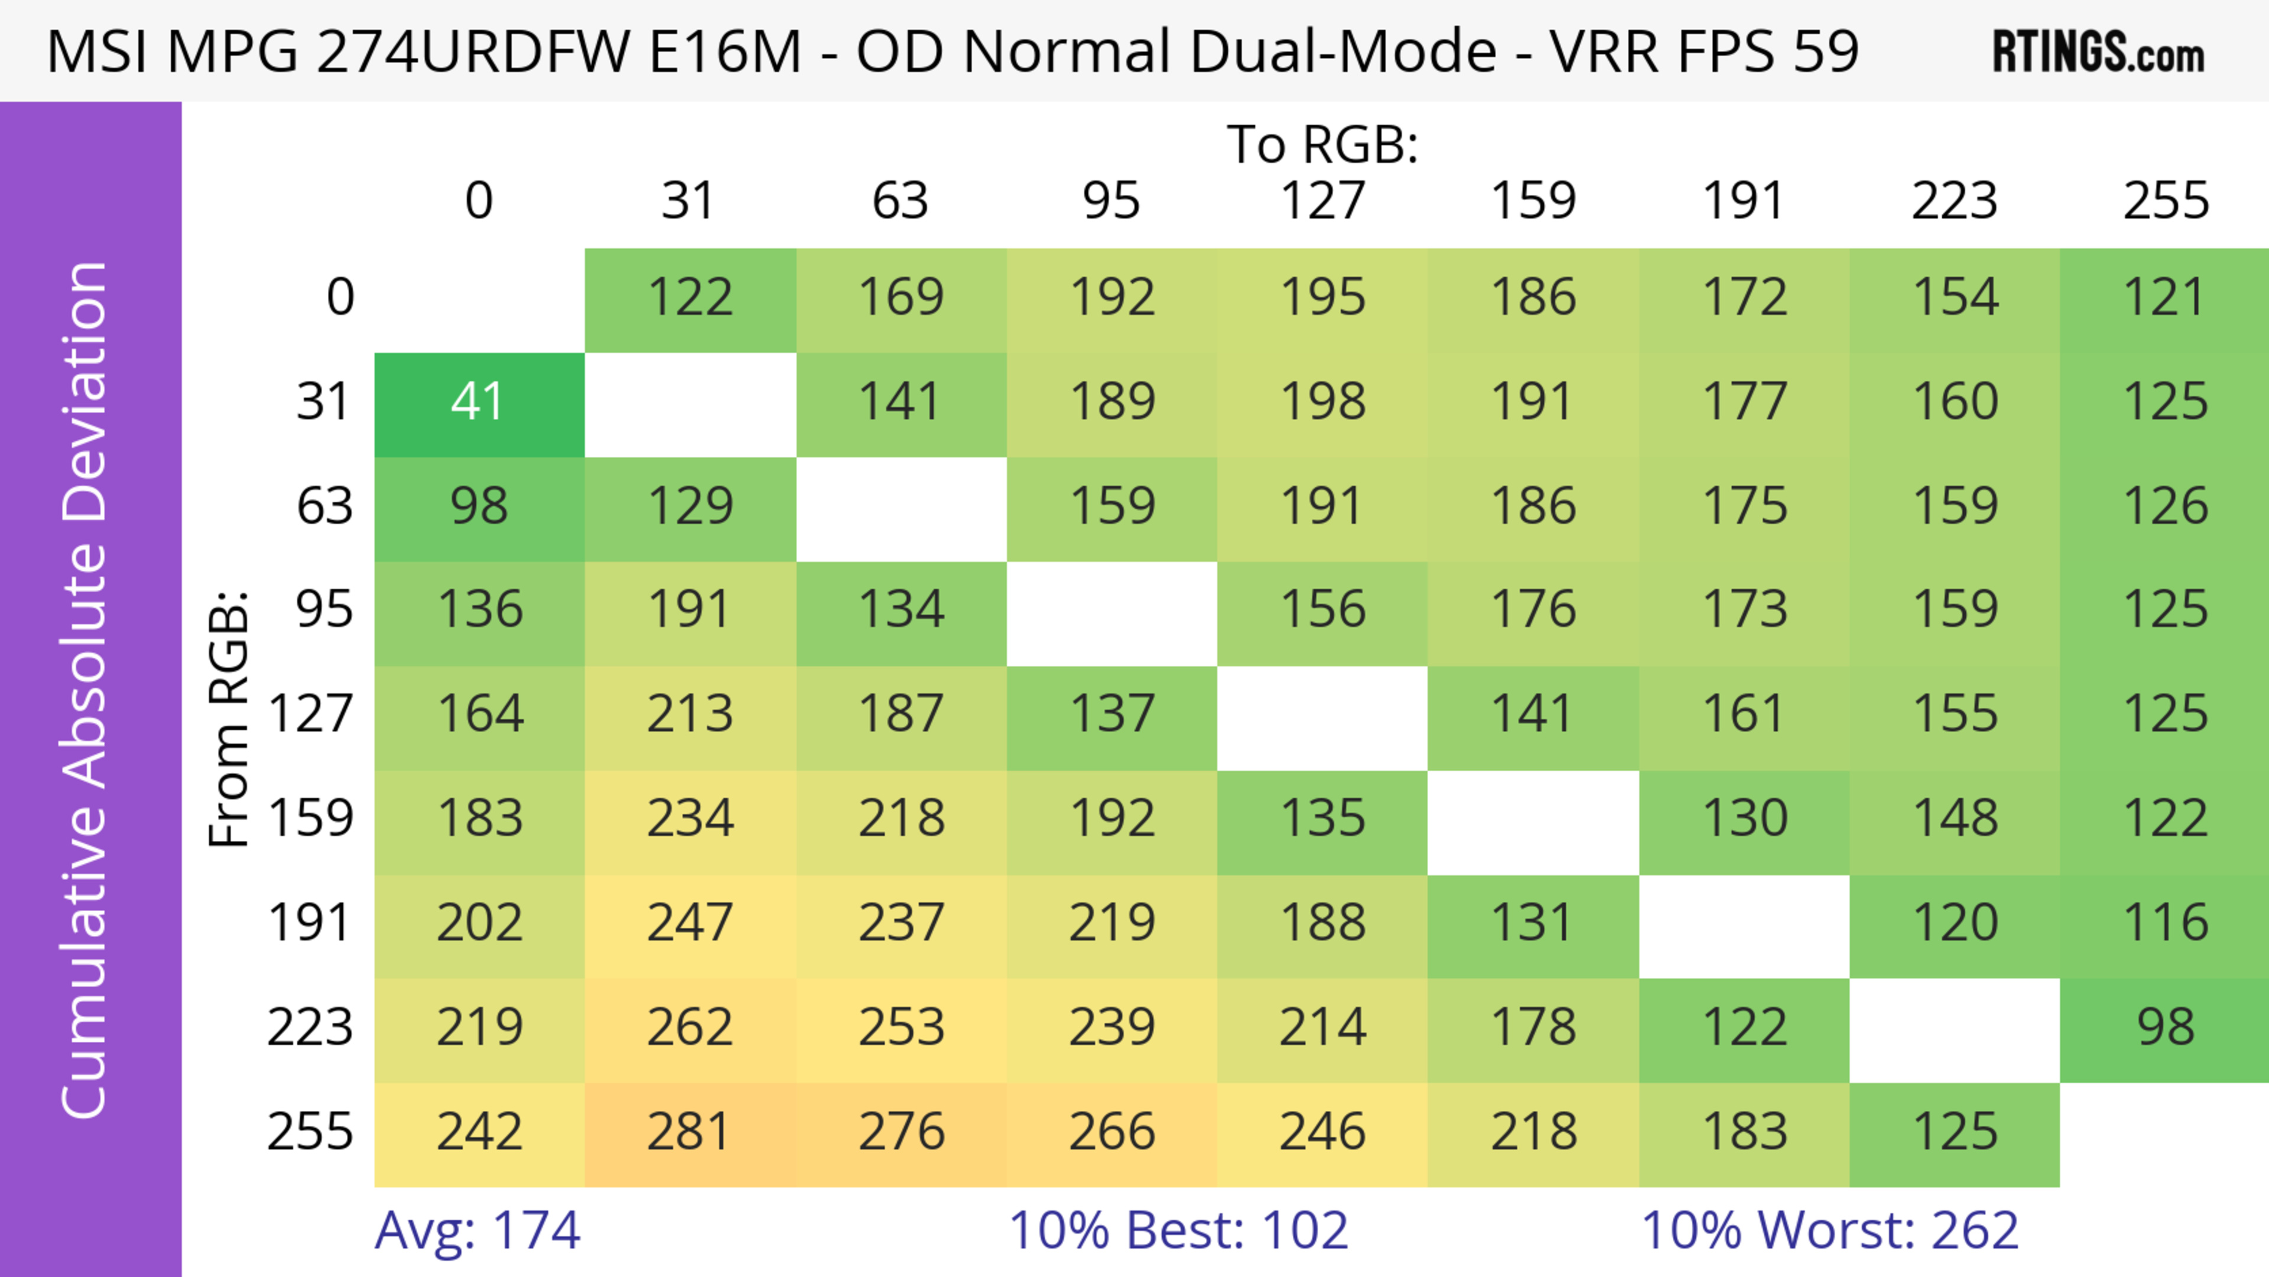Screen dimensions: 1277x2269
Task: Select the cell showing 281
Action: tap(690, 1133)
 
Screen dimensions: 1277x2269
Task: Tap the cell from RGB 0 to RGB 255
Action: tap(2165, 298)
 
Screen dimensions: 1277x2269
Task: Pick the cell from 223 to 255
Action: tap(2165, 1028)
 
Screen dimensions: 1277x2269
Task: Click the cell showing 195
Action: tap(1322, 298)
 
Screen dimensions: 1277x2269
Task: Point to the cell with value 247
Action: tap(690, 924)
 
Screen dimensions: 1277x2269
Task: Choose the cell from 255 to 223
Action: tap(1955, 1133)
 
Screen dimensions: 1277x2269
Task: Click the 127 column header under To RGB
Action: tap(1322, 201)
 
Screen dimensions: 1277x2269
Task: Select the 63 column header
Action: tap(900, 201)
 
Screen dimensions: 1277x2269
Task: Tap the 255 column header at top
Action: tap(2165, 201)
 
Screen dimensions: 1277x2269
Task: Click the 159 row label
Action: tap(311, 819)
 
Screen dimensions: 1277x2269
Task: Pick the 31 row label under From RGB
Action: tap(324, 402)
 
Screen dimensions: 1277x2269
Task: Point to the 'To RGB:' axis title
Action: tap(1322, 144)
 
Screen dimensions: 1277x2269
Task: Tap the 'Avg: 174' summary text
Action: tap(477, 1230)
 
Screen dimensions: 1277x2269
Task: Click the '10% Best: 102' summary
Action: tap(1178, 1230)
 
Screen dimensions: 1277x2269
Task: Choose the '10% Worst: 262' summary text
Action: tap(1829, 1230)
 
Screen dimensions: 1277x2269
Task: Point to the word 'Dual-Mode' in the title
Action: tap(1229, 51)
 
